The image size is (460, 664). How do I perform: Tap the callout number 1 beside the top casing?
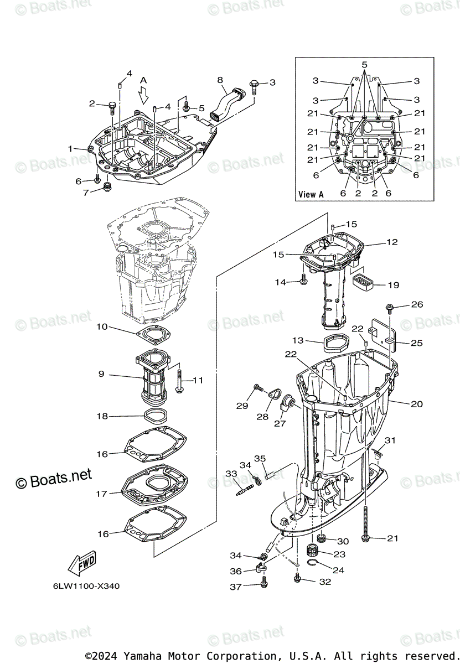(x=70, y=148)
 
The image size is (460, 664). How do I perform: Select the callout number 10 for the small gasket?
(x=102, y=326)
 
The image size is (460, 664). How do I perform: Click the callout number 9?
(x=101, y=374)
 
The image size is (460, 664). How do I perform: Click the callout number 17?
(x=101, y=494)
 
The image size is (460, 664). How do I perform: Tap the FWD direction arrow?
(x=81, y=564)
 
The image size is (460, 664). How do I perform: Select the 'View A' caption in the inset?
(x=311, y=194)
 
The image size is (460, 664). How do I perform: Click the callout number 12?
(x=392, y=242)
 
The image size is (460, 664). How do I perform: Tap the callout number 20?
(x=417, y=404)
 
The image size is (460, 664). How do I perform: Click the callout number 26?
(x=417, y=304)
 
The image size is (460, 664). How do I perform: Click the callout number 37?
(x=235, y=587)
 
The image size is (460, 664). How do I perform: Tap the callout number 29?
(x=242, y=406)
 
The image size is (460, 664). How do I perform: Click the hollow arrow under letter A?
(x=144, y=97)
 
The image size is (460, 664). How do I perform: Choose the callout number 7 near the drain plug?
(x=86, y=193)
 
